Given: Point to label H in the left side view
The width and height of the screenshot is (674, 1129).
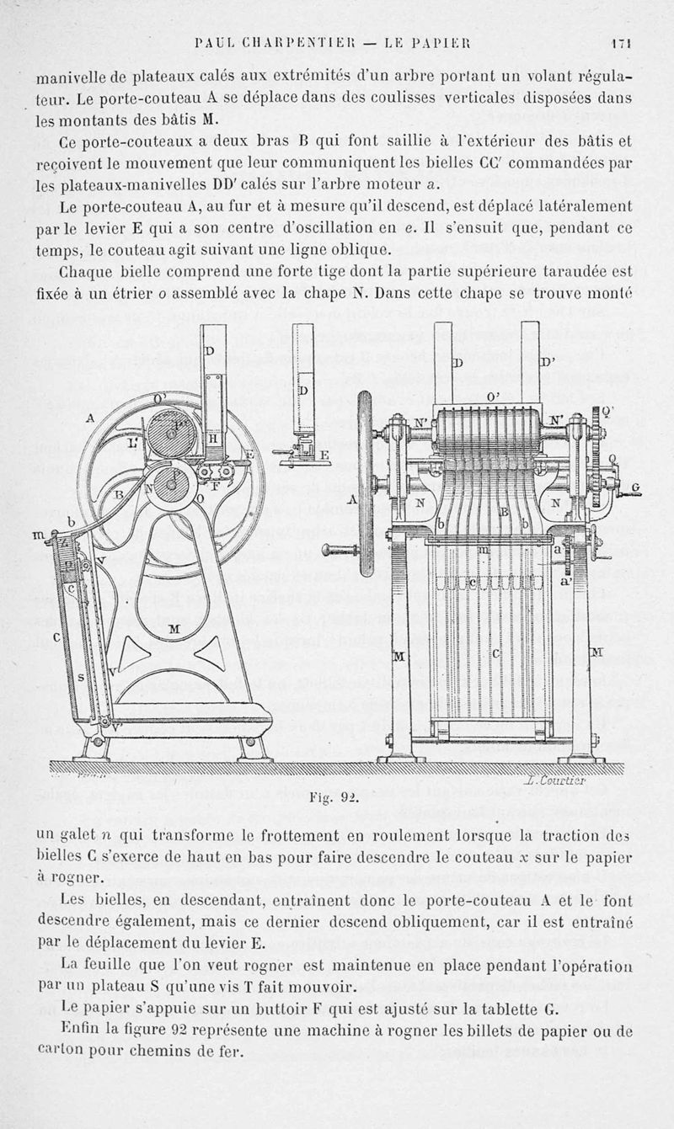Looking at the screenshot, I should [212, 439].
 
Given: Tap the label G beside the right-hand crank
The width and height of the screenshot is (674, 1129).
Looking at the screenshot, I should [635, 487].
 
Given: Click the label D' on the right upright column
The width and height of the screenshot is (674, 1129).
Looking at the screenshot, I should [546, 362].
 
